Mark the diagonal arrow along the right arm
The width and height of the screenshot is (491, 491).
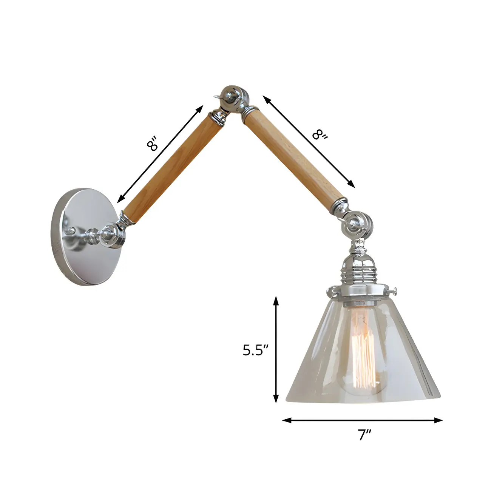point(309,142)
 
